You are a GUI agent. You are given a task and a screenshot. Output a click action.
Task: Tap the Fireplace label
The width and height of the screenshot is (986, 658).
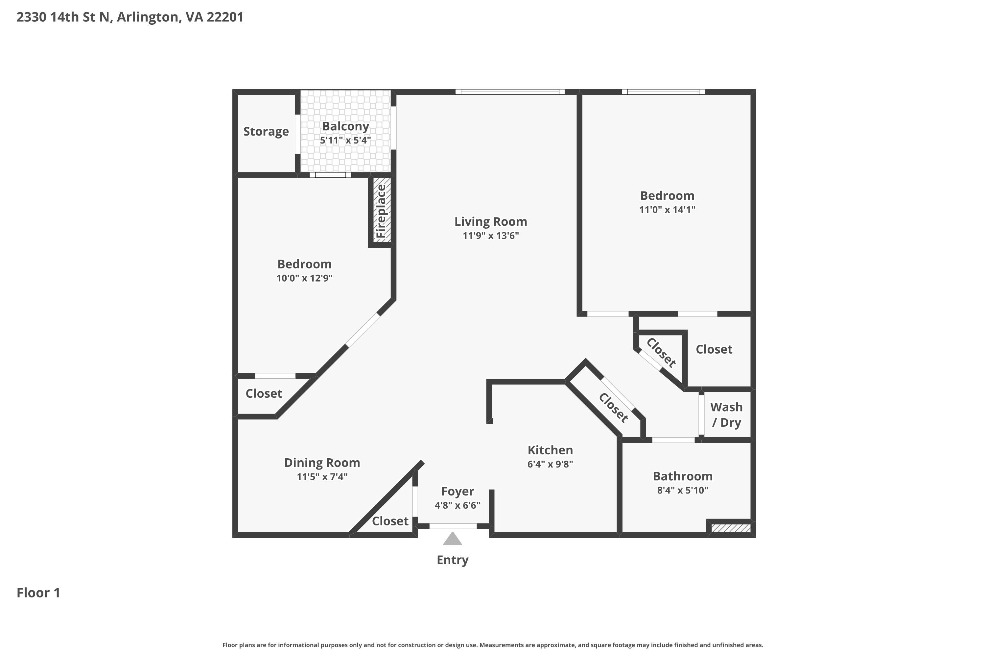(381, 212)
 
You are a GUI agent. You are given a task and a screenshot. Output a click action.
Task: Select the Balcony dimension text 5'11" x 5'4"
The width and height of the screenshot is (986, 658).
(345, 140)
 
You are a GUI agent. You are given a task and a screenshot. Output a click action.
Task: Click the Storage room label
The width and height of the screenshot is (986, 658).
(266, 131)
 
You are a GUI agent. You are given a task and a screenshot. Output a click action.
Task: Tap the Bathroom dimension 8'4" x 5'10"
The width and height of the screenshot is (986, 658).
(683, 490)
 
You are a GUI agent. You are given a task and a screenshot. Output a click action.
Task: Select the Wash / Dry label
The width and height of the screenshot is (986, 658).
(726, 415)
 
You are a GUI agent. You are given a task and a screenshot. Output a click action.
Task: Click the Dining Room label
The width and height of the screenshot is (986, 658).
(322, 463)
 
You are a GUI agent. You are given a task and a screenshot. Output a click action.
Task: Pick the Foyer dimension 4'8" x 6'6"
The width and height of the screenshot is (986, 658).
(458, 505)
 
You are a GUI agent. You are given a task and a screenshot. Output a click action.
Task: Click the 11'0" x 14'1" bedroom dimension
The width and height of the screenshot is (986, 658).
(667, 209)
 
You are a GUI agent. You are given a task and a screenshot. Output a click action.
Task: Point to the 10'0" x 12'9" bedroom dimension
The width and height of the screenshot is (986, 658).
(304, 278)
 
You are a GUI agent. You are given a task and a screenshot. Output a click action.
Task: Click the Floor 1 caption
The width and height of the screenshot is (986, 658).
(38, 593)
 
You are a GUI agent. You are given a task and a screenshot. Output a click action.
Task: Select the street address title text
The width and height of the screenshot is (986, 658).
(130, 17)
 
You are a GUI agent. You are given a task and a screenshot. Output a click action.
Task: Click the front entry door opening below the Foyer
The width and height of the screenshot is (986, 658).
(453, 526)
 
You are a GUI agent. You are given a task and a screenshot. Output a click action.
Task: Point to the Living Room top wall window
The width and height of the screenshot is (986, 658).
(510, 92)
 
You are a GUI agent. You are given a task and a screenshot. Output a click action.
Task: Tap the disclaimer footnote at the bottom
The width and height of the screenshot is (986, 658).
(493, 645)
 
